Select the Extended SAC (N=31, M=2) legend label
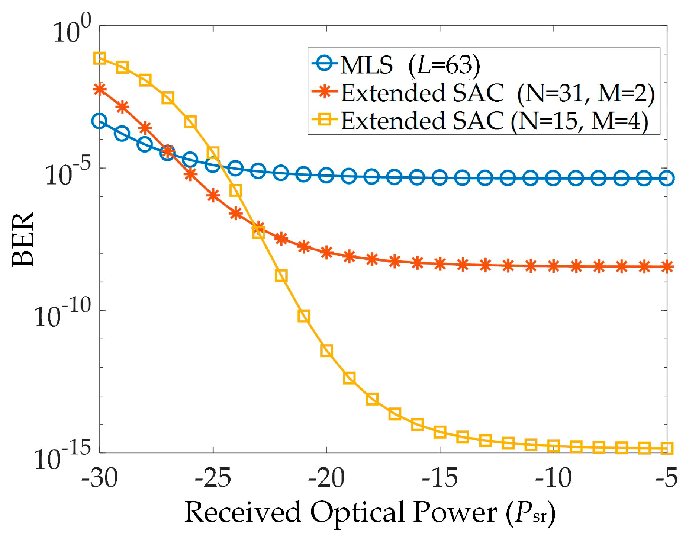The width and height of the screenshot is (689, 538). [498, 93]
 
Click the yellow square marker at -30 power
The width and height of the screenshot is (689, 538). [100, 58]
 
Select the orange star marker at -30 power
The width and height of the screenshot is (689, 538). [100, 89]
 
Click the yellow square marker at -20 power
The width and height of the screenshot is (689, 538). [326, 350]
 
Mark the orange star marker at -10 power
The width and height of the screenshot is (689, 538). [553, 266]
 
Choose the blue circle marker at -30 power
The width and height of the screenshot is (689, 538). [100, 121]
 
